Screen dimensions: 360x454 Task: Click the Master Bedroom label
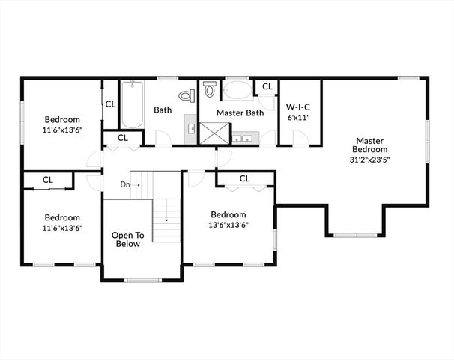tap(370, 145)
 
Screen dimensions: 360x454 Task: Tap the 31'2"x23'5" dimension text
tap(370, 158)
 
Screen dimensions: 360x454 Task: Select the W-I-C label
tap(298, 106)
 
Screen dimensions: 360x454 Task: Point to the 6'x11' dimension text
tap(298, 117)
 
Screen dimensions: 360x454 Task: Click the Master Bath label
tap(240, 112)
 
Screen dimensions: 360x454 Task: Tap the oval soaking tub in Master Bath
tap(237, 91)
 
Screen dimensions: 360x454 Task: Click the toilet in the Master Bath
tap(210, 91)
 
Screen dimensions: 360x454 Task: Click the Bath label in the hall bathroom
tap(163, 110)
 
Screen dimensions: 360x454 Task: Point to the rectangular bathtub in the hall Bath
tap(132, 104)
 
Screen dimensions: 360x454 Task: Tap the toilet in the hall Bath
tap(187, 95)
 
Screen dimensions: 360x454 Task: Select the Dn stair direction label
tap(125, 184)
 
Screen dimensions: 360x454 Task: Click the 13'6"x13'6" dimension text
tap(228, 224)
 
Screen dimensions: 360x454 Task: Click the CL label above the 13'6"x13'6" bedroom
tap(244, 178)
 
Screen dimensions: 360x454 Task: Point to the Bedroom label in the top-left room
tap(62, 119)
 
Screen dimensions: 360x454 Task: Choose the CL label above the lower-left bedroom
tap(48, 180)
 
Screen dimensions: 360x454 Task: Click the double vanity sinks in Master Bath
tap(244, 138)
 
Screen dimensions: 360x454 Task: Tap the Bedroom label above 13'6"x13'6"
tap(228, 214)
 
